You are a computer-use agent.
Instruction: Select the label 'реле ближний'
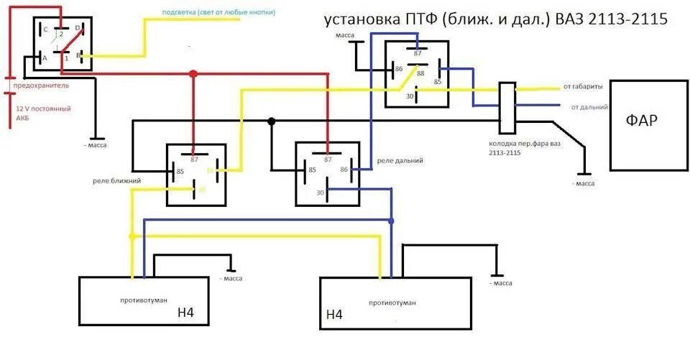point(116,180)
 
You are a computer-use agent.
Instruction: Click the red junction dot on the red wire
point(193,73)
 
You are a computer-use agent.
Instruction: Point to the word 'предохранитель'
point(40,85)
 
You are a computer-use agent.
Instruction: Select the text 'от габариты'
point(583,87)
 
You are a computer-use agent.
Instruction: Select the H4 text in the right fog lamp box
point(334,314)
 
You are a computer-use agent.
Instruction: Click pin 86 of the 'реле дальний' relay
point(344,170)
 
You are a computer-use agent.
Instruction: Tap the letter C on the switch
point(45,29)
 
